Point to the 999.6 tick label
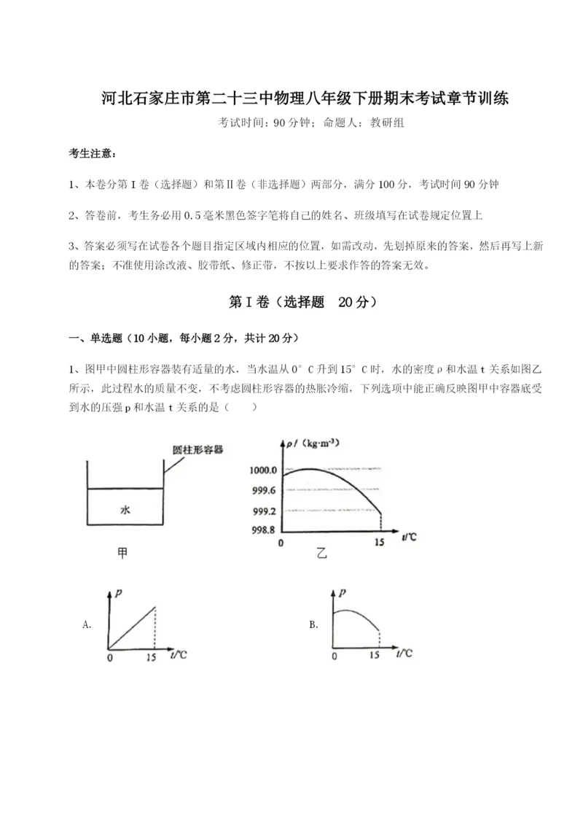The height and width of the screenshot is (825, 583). click(x=264, y=490)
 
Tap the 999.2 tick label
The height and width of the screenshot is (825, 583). click(x=264, y=511)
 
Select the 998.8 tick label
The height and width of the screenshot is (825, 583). click(x=264, y=530)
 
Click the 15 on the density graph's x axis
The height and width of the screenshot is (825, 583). click(x=379, y=543)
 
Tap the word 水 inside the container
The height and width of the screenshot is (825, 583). click(x=125, y=511)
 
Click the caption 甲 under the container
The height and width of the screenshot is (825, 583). click(x=122, y=554)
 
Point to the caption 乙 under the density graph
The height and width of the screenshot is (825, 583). click(x=321, y=554)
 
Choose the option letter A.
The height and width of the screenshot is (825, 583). click(x=87, y=624)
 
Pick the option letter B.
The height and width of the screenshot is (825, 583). click(x=313, y=624)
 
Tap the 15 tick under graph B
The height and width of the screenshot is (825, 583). click(x=374, y=656)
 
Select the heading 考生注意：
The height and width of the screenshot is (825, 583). click(x=92, y=154)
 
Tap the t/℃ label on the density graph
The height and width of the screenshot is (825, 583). click(x=410, y=538)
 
